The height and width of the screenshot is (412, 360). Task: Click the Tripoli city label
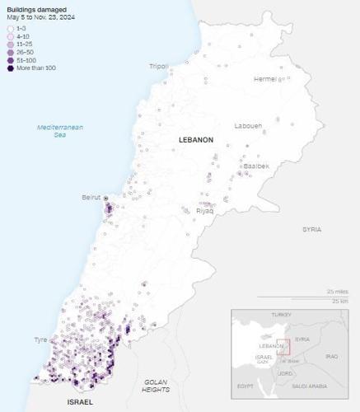(158, 66)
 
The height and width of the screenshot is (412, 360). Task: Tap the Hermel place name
(265, 79)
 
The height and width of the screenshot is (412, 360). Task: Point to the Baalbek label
(255, 166)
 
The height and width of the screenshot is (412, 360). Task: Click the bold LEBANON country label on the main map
(195, 140)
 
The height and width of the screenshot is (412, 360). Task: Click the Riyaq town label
(204, 211)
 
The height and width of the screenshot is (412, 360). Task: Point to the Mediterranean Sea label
(64, 130)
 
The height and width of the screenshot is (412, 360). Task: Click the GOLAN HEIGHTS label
(156, 385)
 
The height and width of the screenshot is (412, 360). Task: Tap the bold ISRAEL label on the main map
(80, 402)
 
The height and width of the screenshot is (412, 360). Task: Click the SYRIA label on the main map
(311, 229)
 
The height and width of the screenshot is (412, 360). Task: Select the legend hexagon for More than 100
(10, 68)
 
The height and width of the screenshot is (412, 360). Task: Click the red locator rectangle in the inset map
(283, 347)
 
